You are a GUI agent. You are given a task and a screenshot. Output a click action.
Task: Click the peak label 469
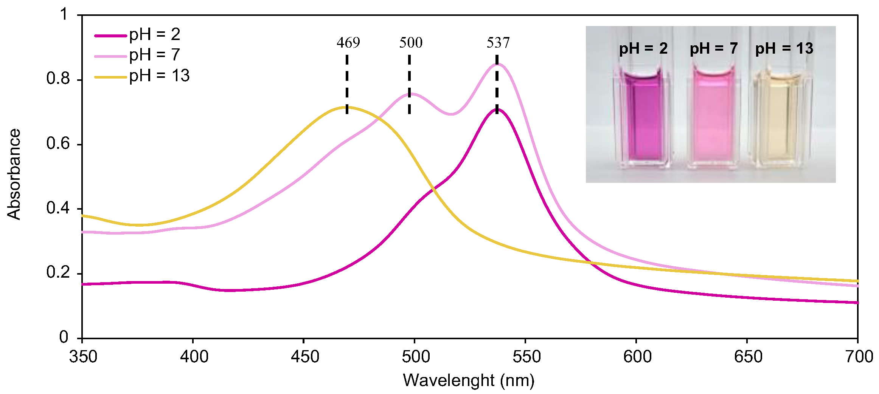pyautogui.click(x=348, y=43)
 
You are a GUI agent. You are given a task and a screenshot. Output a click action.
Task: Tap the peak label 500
pyautogui.click(x=411, y=43)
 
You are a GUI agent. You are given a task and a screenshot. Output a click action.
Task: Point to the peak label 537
pyautogui.click(x=498, y=43)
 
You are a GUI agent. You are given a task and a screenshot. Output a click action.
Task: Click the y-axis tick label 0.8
pyautogui.click(x=58, y=79)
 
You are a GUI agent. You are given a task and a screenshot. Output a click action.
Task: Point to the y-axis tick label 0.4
pyautogui.click(x=58, y=208)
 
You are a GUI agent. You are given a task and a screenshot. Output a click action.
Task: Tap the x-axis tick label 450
pyautogui.click(x=304, y=357)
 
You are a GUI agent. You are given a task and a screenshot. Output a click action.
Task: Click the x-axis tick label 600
pyautogui.click(x=637, y=357)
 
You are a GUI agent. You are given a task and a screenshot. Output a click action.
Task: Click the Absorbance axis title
pyautogui.click(x=14, y=174)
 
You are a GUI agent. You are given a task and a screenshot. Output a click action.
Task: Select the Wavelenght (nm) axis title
pyautogui.click(x=469, y=380)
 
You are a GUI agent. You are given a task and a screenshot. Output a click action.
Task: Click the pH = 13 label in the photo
pyautogui.click(x=784, y=49)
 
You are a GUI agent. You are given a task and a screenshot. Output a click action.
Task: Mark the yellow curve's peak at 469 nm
pyautogui.click(x=347, y=107)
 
